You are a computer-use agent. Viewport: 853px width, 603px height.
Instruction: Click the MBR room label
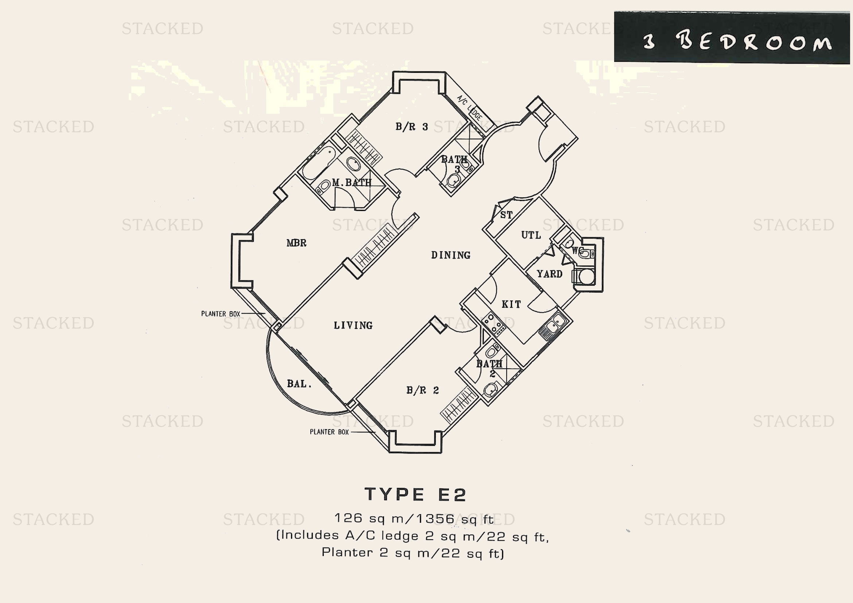tap(296, 243)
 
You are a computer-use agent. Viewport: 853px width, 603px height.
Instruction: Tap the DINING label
tap(451, 255)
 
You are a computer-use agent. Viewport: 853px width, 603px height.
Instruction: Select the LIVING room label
tap(353, 325)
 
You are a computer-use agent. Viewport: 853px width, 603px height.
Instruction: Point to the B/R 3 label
tap(412, 127)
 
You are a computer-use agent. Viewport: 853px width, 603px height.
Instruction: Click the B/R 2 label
tap(422, 390)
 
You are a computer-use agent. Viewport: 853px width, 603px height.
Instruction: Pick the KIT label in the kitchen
tap(511, 304)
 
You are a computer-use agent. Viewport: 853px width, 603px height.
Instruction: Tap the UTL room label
tap(531, 235)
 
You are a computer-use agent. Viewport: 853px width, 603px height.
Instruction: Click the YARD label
tap(550, 274)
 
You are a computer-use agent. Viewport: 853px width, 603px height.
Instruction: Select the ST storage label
tap(507, 215)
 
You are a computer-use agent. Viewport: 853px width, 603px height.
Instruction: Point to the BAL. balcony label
tap(299, 384)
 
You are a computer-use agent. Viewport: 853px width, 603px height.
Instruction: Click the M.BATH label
tap(352, 183)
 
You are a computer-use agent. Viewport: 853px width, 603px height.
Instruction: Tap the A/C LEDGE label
tap(469, 108)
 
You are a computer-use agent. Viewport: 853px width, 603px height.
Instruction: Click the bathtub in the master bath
tap(318, 162)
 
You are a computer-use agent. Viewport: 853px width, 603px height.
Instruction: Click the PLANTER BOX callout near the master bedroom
tap(221, 314)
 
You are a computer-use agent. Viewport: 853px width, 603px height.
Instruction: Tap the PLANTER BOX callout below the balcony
tap(329, 432)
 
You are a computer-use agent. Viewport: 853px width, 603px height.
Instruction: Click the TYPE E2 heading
tap(415, 495)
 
